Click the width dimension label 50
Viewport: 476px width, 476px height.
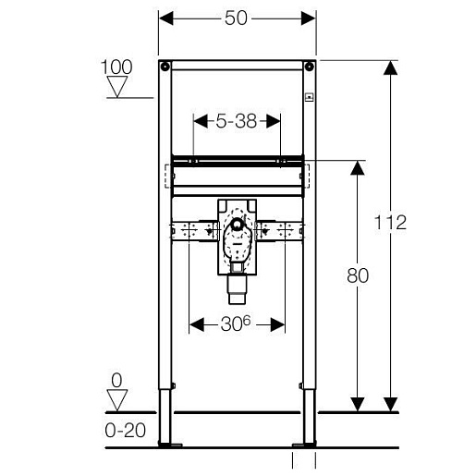click(236, 18)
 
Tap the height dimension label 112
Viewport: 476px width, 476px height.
click(390, 222)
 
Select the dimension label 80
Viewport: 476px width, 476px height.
click(358, 275)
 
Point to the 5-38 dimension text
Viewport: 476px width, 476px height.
click(236, 121)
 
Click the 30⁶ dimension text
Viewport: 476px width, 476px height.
click(236, 323)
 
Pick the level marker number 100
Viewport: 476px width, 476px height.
click(116, 67)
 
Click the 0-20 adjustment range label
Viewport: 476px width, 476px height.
click(125, 430)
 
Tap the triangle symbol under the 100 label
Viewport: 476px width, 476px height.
click(117, 87)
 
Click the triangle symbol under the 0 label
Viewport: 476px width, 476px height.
click(117, 400)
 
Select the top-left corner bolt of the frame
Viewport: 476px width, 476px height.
click(165, 66)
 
